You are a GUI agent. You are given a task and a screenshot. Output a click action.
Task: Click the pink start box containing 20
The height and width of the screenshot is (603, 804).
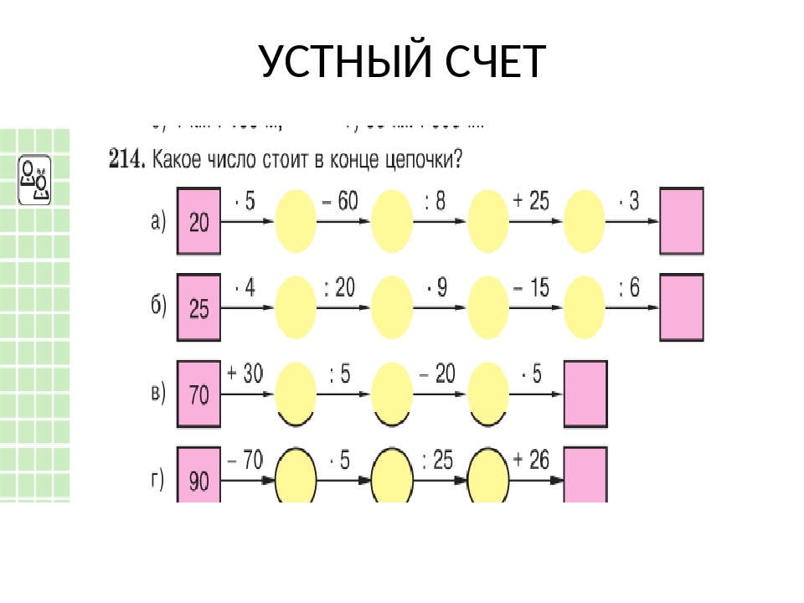[198, 221]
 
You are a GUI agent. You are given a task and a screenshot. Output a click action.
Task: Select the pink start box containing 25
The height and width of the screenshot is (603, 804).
[198, 308]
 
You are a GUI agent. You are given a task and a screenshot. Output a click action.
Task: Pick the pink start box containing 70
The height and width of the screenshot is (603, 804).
[198, 394]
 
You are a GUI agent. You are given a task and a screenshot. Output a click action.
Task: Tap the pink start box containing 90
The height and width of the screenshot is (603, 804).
[198, 477]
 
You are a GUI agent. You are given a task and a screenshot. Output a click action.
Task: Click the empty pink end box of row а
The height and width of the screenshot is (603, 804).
[681, 221]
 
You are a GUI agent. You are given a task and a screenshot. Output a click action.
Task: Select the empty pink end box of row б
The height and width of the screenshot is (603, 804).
[681, 308]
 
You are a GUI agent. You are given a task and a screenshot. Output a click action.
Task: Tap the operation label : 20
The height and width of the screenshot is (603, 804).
[339, 289]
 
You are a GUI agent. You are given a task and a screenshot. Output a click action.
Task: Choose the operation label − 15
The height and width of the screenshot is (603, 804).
[532, 289]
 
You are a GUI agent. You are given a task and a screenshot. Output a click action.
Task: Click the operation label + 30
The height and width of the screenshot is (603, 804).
[245, 374]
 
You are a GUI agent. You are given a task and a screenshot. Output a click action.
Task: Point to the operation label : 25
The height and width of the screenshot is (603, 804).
[437, 459]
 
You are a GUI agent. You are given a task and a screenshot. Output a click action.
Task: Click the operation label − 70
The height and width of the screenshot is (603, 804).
[245, 459]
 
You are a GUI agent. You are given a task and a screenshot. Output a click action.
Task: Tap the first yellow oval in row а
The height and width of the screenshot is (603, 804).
[296, 221]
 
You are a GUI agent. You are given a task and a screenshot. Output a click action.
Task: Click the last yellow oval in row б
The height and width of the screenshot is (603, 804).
[585, 308]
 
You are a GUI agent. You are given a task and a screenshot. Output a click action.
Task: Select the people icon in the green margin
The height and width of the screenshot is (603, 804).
[35, 179]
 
